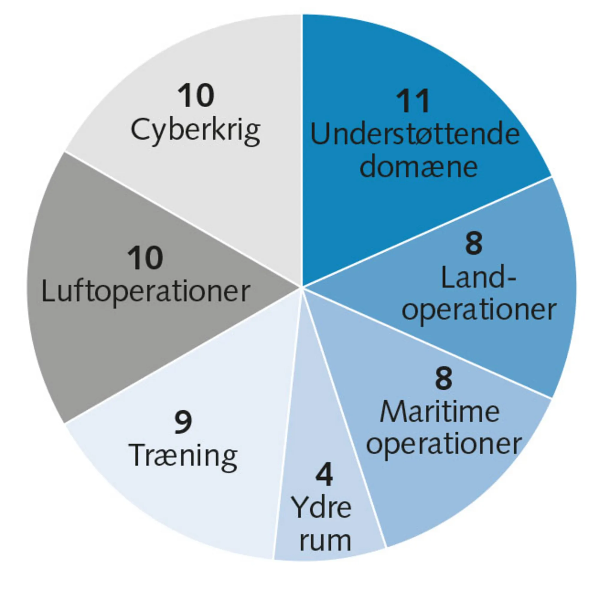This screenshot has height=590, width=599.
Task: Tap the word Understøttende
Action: click(x=415, y=135)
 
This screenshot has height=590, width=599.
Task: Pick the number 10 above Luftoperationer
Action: click(x=145, y=258)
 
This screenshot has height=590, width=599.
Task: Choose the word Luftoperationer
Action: click(x=146, y=292)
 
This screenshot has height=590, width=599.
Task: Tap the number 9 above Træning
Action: click(x=183, y=423)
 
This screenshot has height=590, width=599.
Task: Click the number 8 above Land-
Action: click(x=474, y=244)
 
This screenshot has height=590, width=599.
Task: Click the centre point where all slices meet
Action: click(x=302, y=287)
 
